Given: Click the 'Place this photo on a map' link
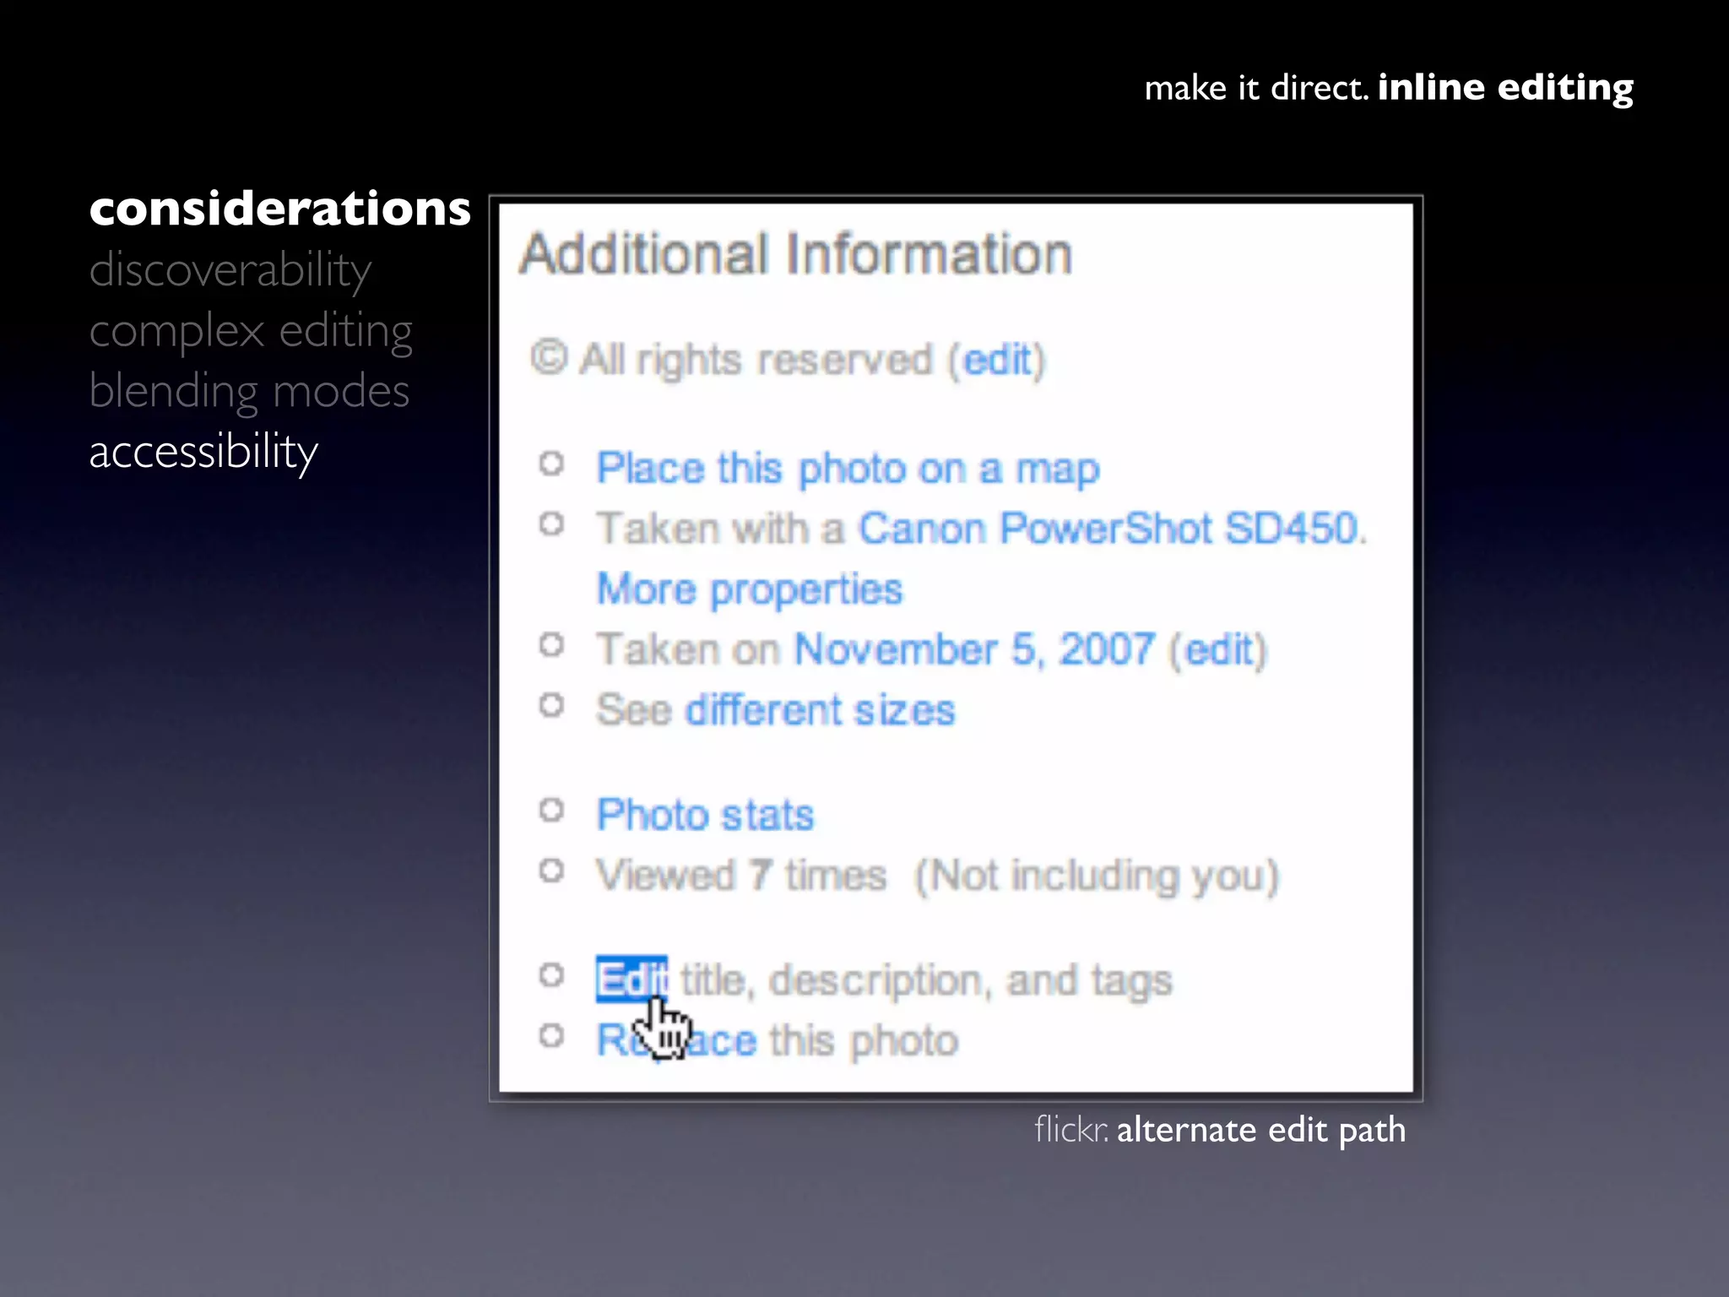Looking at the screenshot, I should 848,469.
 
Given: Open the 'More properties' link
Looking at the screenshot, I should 750,589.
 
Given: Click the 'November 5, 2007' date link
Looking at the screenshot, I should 974,650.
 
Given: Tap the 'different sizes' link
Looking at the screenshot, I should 819,710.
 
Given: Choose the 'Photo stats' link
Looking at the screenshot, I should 705,815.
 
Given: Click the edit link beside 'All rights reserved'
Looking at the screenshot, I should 997,361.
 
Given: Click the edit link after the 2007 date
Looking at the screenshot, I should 1217,650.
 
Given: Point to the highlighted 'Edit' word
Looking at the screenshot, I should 630,980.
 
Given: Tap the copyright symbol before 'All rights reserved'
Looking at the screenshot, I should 549,358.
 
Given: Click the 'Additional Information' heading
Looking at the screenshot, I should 795,254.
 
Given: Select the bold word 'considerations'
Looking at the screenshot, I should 279,209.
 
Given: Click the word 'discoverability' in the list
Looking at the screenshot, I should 230,270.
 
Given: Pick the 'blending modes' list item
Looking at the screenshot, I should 249,391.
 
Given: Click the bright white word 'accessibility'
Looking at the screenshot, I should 203,452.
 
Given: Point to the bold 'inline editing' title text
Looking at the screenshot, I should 1504,88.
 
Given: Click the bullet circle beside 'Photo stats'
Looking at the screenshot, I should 551,811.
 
